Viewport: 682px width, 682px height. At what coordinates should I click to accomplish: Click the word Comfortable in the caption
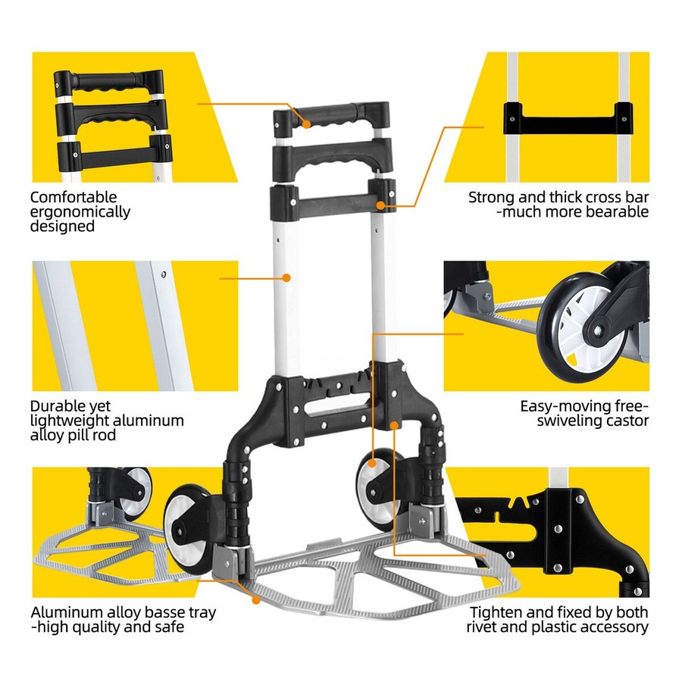74,197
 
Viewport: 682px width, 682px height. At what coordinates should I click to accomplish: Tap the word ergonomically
80,211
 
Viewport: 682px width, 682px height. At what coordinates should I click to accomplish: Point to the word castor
628,420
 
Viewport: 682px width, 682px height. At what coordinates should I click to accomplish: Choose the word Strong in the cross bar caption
493,197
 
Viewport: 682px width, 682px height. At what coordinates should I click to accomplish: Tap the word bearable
615,211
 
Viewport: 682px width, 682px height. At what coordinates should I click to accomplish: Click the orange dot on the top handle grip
308,124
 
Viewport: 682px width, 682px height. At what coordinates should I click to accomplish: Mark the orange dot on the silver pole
287,278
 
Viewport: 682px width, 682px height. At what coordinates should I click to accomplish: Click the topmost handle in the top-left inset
108,80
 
